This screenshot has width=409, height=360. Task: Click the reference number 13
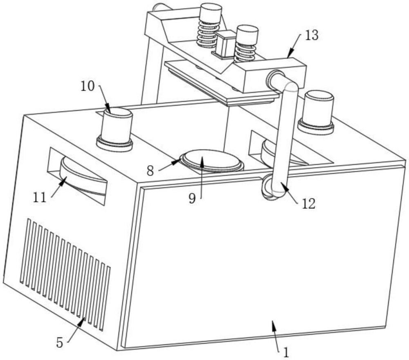click(312, 35)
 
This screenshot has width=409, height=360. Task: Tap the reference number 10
click(88, 86)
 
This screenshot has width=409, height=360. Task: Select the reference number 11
click(40, 197)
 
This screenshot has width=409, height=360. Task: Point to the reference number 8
click(150, 171)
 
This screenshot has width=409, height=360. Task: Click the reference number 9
click(192, 199)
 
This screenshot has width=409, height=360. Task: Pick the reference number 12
click(309, 203)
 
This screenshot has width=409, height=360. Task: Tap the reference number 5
click(60, 342)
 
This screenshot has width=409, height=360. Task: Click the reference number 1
click(286, 353)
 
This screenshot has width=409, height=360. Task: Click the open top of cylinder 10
click(119, 113)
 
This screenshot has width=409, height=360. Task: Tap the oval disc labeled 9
click(211, 160)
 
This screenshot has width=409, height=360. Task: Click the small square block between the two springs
click(225, 44)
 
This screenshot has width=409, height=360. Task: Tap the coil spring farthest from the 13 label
click(208, 34)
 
